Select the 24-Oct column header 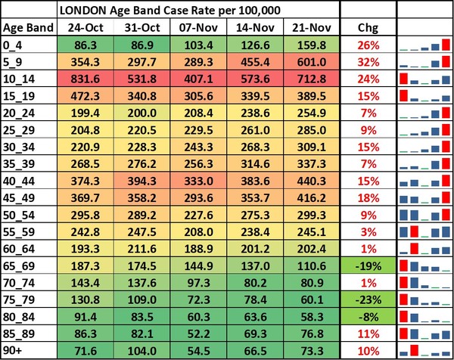pyautogui.click(x=86, y=27)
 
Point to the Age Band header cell pyautogui.click(x=27, y=27)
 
